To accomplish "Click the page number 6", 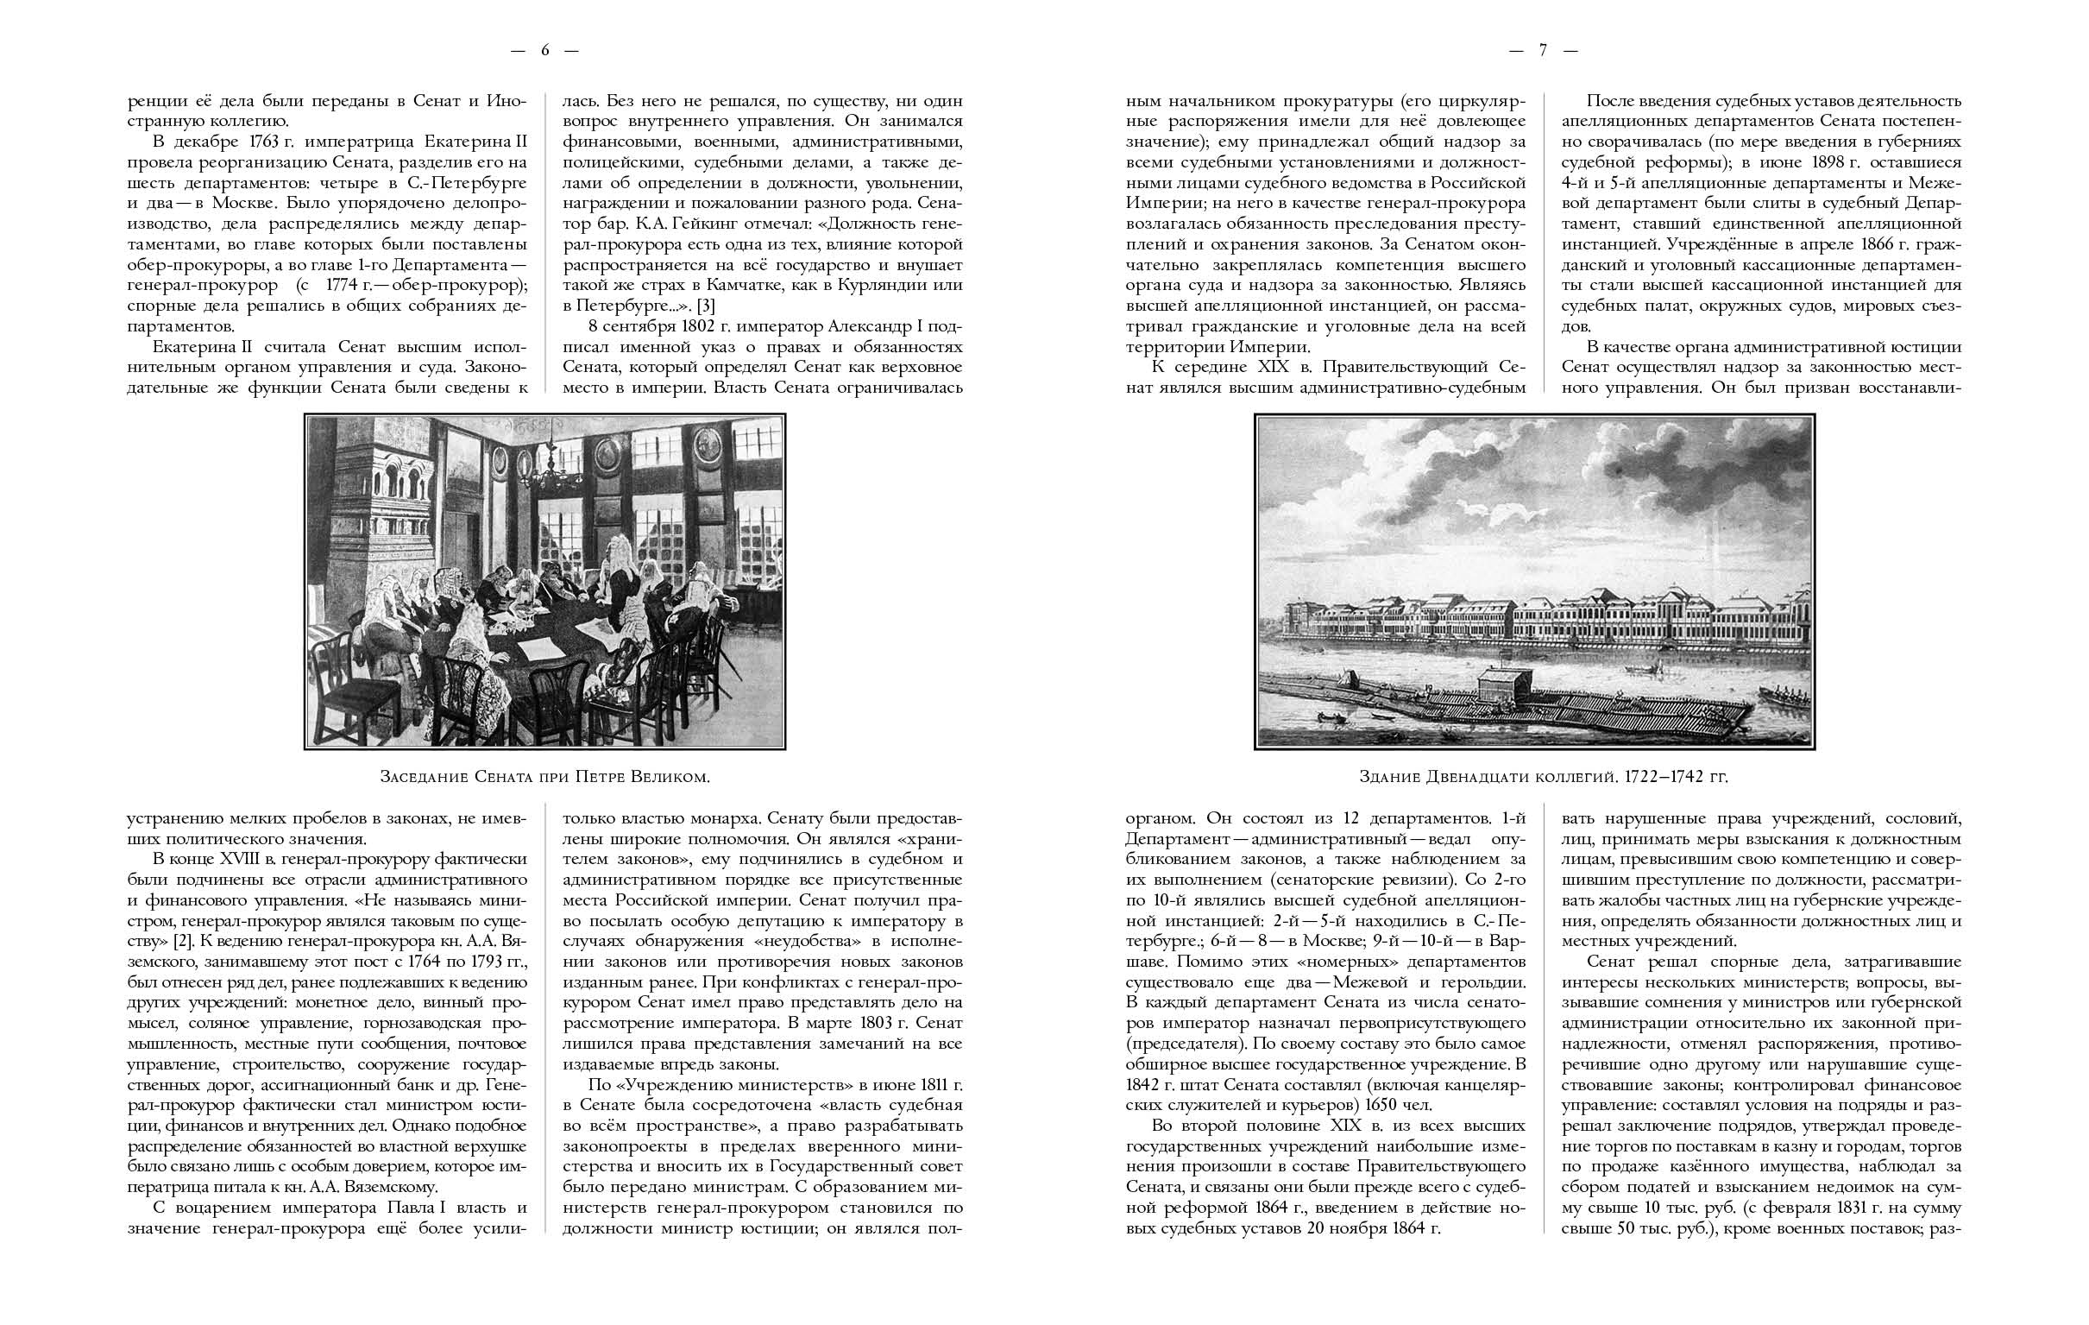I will pyautogui.click(x=544, y=50).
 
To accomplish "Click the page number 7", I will pyautogui.click(x=1543, y=50).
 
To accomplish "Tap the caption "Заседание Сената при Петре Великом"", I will pyautogui.click(x=544, y=777).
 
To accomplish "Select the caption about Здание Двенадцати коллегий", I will pyautogui.click(x=1544, y=777).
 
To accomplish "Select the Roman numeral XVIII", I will pyautogui.click(x=236, y=859).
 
